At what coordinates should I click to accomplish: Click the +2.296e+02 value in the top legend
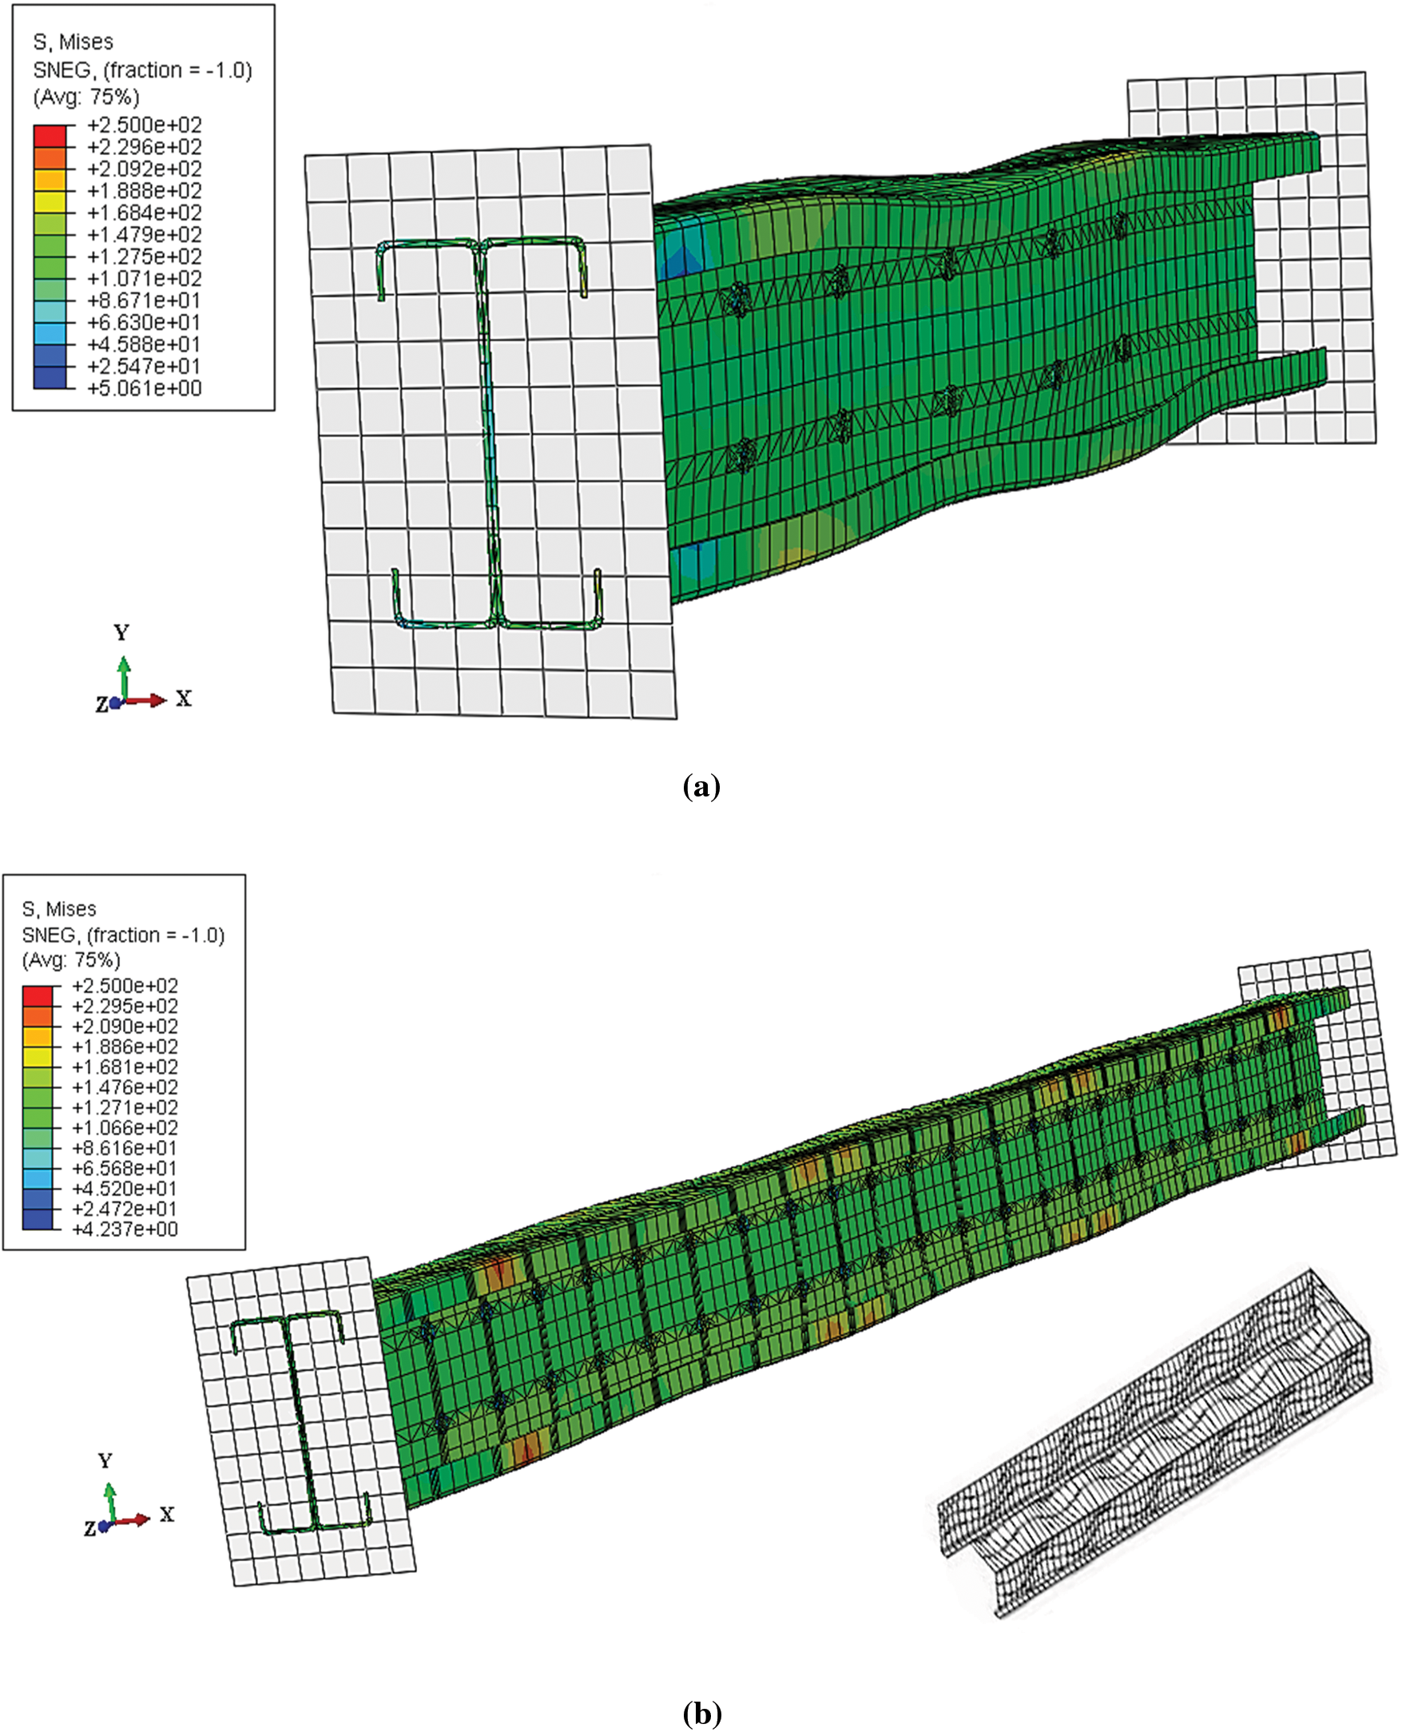(144, 147)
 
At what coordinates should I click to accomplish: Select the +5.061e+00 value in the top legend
(144, 388)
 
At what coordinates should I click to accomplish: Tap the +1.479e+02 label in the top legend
(144, 235)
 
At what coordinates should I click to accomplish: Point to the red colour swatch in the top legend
(50, 136)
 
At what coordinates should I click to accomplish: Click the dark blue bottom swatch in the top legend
(50, 377)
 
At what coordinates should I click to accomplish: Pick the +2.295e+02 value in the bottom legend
(125, 1006)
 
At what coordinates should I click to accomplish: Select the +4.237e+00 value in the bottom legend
(125, 1229)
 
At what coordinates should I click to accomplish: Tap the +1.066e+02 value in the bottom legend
(125, 1128)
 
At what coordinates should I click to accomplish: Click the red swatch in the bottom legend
(38, 995)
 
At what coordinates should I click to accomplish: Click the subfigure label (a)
(701, 786)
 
